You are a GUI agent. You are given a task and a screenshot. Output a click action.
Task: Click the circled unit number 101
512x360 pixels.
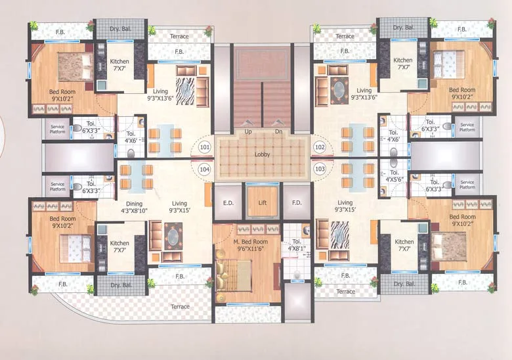(x=205, y=147)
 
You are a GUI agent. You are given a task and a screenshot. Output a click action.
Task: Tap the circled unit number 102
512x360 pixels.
(x=320, y=147)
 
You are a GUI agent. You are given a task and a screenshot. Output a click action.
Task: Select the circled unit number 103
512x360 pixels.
(x=320, y=169)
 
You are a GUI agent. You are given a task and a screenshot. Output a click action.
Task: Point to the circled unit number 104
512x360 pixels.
(x=205, y=169)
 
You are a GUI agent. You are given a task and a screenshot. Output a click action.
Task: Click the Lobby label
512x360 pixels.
(x=262, y=154)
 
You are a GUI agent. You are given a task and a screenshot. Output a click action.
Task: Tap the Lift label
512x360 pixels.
(x=263, y=203)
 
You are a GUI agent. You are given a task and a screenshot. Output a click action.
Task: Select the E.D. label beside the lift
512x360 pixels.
(x=228, y=203)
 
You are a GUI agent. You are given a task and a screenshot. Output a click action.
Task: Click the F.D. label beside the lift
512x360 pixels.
(x=297, y=203)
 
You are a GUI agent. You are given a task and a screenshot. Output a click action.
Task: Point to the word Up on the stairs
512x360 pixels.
(x=248, y=132)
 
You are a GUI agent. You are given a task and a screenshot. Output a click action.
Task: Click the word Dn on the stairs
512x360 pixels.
(x=278, y=131)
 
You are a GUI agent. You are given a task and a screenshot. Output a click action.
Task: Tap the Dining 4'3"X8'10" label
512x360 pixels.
(x=134, y=207)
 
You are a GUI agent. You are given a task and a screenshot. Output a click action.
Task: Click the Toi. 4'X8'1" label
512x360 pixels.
(x=297, y=245)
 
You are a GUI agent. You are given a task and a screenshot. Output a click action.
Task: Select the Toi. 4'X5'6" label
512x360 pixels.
(x=395, y=176)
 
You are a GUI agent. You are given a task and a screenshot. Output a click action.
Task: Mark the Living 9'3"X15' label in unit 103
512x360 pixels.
(x=345, y=206)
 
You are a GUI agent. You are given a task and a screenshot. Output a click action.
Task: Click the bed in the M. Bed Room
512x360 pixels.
(x=234, y=275)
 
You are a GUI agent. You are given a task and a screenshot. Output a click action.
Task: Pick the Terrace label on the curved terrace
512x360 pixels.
(x=180, y=307)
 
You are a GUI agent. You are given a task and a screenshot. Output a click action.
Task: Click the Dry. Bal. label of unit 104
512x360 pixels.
(x=121, y=285)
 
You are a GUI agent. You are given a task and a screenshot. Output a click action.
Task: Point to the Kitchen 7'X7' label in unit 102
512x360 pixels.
(x=402, y=64)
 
